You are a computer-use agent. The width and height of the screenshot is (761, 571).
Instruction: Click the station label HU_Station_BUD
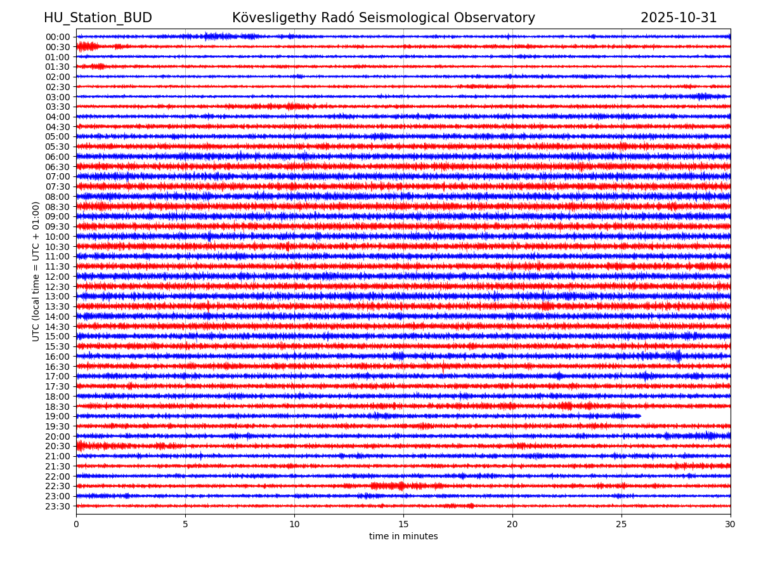tap(98, 18)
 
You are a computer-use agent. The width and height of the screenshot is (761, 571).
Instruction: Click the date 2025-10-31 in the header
tap(679, 18)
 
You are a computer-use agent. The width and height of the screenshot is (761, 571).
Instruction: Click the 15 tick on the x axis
tap(403, 524)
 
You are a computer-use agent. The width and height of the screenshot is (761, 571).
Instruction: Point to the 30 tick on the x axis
tap(731, 524)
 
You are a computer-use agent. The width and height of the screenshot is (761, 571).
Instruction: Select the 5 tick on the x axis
tap(185, 524)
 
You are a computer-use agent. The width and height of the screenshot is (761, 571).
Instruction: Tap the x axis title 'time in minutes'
tap(403, 537)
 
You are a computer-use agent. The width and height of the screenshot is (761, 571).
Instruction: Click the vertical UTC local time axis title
tap(36, 272)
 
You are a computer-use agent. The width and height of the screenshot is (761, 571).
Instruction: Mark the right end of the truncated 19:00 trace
tap(641, 416)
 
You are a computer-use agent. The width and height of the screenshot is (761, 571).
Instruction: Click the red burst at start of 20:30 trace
tap(81, 446)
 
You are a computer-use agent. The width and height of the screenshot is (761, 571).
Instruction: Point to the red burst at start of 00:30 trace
tap(87, 46)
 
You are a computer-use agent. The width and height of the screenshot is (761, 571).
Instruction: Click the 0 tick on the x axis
tap(76, 524)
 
